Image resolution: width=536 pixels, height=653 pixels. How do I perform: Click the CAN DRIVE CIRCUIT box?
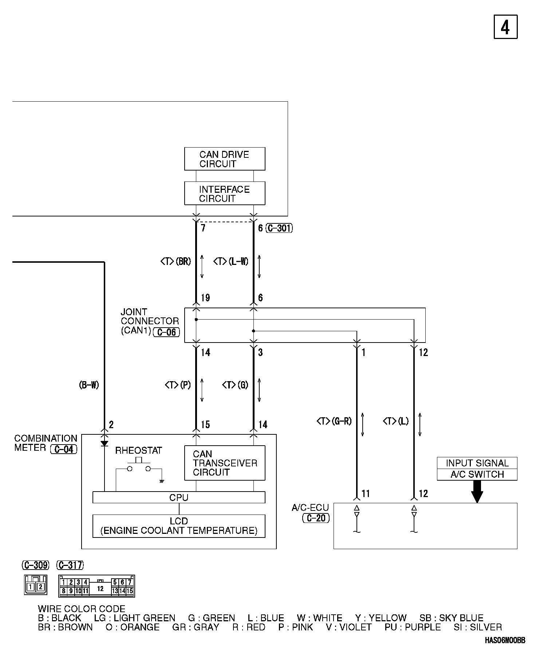click(225, 159)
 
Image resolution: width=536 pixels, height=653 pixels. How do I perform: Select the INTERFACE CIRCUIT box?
click(225, 193)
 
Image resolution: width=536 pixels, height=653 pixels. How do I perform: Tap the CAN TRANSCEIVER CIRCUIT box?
click(225, 463)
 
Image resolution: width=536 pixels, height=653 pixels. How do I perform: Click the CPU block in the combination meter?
click(179, 498)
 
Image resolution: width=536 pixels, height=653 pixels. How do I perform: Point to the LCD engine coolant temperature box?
click(179, 526)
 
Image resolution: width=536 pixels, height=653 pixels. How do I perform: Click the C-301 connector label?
click(279, 228)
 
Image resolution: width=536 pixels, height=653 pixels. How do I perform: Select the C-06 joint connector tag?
click(166, 332)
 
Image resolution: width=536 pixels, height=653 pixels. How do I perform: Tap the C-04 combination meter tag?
click(64, 449)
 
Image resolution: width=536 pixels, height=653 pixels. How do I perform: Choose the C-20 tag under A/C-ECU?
click(316, 518)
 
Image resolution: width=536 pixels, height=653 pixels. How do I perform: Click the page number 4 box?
click(505, 27)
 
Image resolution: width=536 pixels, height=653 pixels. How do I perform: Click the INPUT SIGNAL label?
click(477, 463)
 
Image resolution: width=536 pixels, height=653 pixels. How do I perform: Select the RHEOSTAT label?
click(138, 451)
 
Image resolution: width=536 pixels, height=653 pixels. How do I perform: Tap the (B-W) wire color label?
click(89, 385)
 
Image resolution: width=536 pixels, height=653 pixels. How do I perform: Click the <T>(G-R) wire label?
click(334, 422)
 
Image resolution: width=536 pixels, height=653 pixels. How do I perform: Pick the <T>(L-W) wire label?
click(231, 262)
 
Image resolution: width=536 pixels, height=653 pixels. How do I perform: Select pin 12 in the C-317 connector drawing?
click(100, 589)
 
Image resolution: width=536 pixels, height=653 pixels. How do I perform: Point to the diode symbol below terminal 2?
click(105, 444)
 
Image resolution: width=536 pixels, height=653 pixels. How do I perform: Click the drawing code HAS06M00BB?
click(505, 640)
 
